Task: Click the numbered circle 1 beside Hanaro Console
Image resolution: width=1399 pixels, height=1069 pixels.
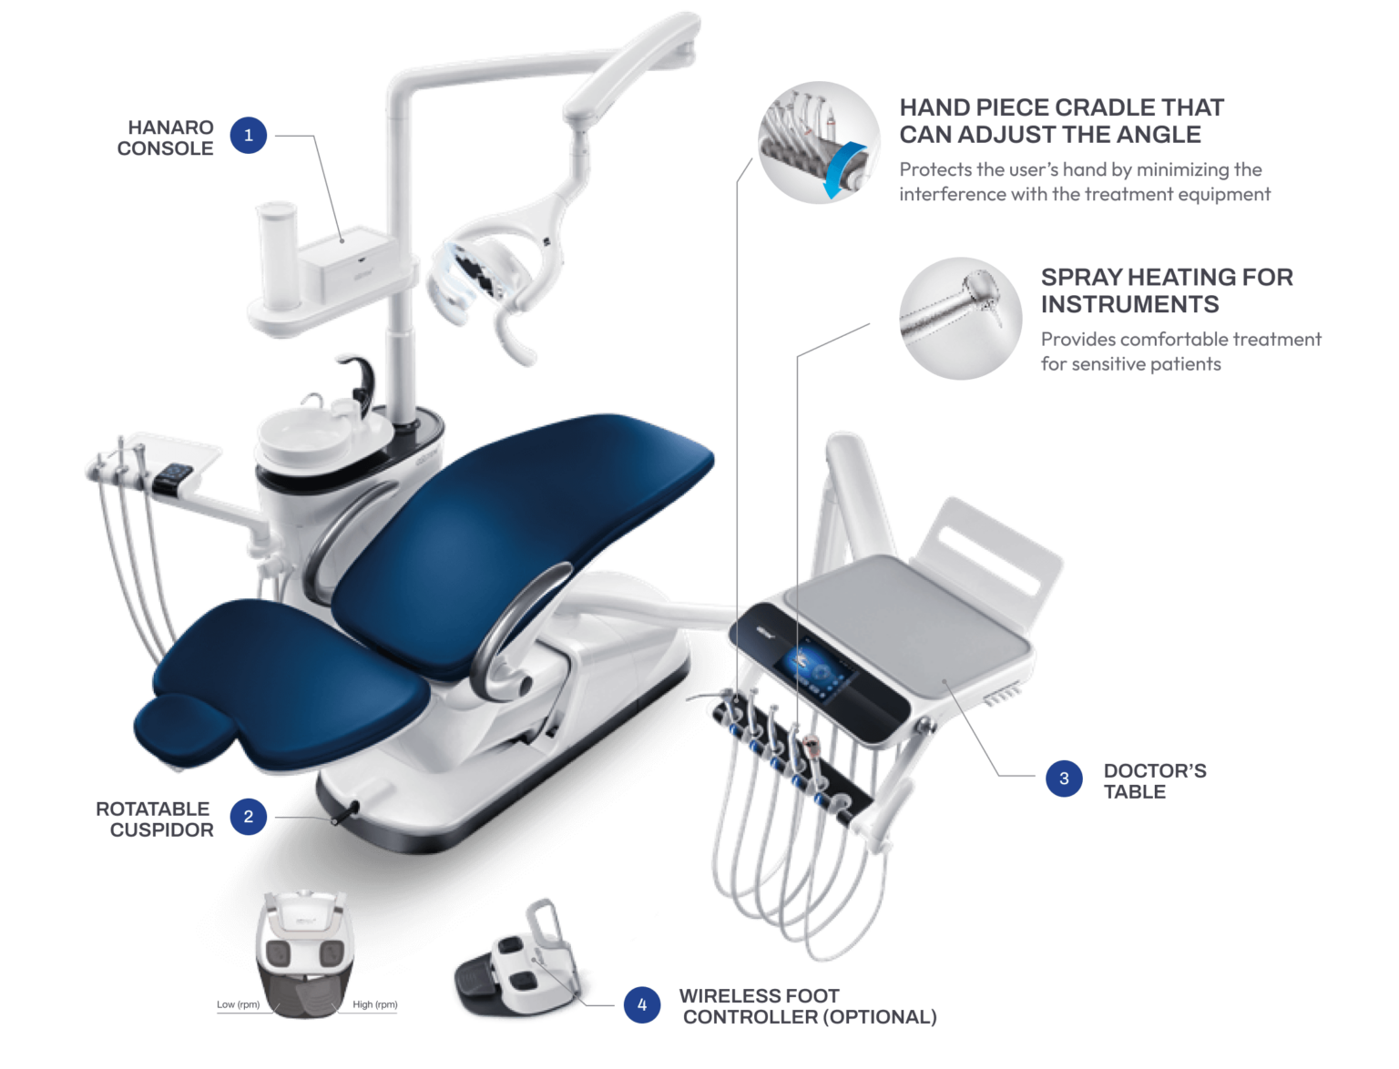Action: pyautogui.click(x=248, y=137)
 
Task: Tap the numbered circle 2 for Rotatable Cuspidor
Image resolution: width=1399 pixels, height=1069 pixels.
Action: pyautogui.click(x=248, y=817)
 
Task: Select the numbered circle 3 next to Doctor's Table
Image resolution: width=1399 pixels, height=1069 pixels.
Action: pyautogui.click(x=1064, y=779)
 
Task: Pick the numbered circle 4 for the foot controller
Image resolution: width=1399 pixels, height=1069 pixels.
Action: pyautogui.click(x=642, y=1005)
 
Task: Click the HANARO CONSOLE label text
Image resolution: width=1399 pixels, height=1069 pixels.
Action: pyautogui.click(x=166, y=138)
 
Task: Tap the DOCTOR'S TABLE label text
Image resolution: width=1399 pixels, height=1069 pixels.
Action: pyautogui.click(x=1154, y=780)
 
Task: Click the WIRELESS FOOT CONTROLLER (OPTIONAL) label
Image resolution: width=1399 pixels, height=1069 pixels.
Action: pyautogui.click(x=809, y=1006)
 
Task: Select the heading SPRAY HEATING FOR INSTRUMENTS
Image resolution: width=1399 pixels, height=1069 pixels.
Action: pyautogui.click(x=1166, y=290)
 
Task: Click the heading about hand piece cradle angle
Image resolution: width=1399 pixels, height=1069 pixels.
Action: pyautogui.click(x=1061, y=121)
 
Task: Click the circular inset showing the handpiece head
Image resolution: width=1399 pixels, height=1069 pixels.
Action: pyautogui.click(x=960, y=317)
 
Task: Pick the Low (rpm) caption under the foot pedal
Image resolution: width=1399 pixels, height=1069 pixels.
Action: pyautogui.click(x=238, y=1005)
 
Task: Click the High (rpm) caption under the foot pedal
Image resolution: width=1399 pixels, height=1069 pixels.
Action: pyautogui.click(x=375, y=1005)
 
